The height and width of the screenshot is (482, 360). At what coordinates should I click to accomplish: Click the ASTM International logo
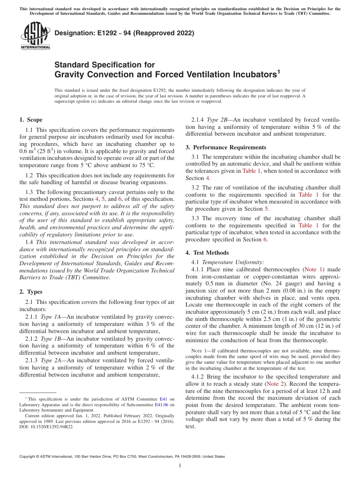35,36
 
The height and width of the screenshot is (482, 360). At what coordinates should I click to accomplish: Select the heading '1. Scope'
31,120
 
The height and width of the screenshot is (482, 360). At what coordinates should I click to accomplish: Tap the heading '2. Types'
31,292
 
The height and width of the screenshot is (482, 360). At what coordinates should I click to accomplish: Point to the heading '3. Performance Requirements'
226,147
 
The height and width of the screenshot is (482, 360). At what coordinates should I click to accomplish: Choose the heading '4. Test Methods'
207,253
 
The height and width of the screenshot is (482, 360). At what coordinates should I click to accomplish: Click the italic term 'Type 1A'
52,317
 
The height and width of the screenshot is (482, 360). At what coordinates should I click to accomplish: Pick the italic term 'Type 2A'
52,360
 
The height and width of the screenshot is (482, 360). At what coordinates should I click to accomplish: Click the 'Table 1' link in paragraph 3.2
305,195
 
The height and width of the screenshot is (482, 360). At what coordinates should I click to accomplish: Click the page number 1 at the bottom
180,466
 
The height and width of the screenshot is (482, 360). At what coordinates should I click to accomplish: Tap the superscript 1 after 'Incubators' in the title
279,71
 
